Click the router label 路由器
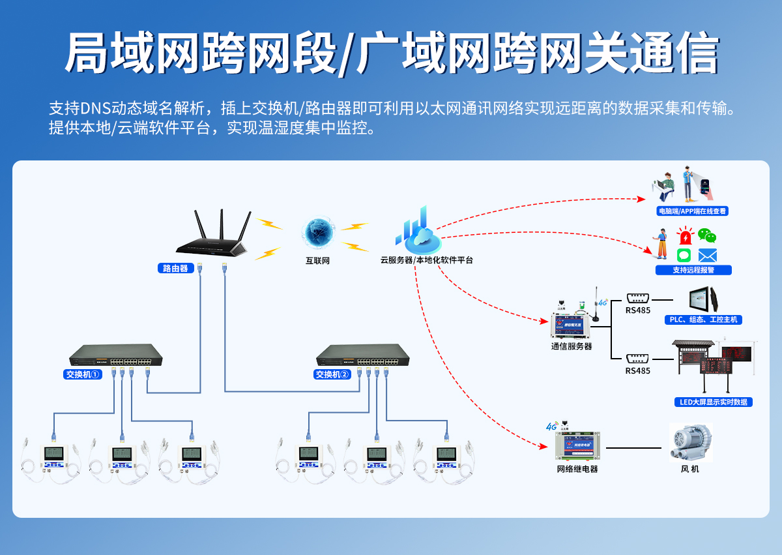(175, 268)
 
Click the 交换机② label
(332, 374)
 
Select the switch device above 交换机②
(363, 355)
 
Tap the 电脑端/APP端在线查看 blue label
(693, 211)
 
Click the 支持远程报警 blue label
(693, 270)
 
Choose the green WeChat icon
(707, 235)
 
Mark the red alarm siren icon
(685, 237)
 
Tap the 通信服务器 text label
(572, 346)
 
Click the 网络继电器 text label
(577, 469)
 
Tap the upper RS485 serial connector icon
(637, 297)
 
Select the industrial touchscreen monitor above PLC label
(706, 300)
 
